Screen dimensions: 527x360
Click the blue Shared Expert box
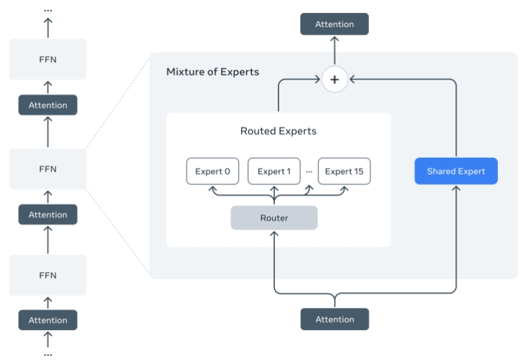click(456, 171)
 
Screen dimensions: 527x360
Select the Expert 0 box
click(212, 171)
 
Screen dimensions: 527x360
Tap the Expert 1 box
click(274, 171)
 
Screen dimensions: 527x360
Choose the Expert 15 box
click(344, 171)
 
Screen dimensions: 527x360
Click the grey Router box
click(274, 218)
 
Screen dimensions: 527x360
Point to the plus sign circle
click(334, 80)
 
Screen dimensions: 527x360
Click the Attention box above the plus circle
click(334, 24)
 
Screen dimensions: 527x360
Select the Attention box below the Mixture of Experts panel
click(335, 319)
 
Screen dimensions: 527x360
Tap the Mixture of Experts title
click(212, 72)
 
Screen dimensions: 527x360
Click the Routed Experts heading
click(278, 131)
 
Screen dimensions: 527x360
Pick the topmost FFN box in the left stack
click(48, 59)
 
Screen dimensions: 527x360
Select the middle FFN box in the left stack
click(48, 169)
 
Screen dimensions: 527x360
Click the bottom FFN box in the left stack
click(48, 276)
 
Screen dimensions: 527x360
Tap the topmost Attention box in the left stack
click(48, 105)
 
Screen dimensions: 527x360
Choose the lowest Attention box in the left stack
click(48, 320)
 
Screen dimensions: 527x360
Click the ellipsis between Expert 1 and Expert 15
click(309, 171)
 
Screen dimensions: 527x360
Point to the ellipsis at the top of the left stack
click(48, 11)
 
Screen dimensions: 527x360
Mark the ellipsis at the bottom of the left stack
click(48, 355)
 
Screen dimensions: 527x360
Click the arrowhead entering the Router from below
click(274, 233)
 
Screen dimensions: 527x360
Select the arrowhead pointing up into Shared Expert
click(456, 188)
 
